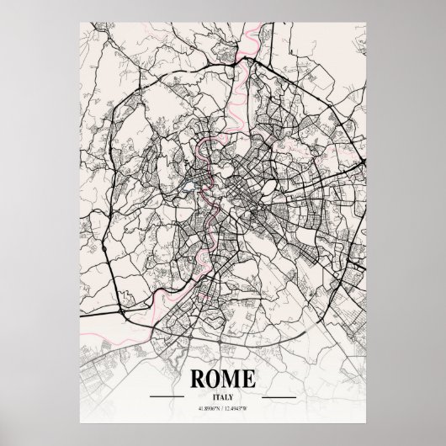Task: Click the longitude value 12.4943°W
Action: click(x=242, y=407)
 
